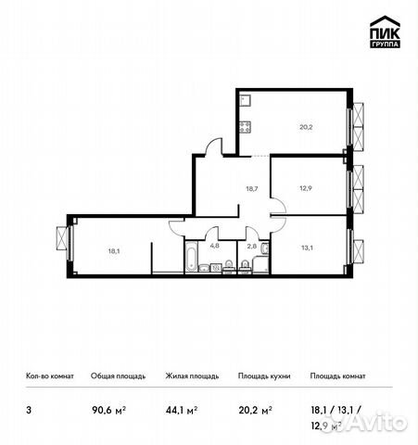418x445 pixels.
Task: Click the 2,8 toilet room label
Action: click(x=251, y=247)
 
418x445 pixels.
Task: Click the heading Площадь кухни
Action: click(x=264, y=376)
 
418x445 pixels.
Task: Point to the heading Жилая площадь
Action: click(x=192, y=376)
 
